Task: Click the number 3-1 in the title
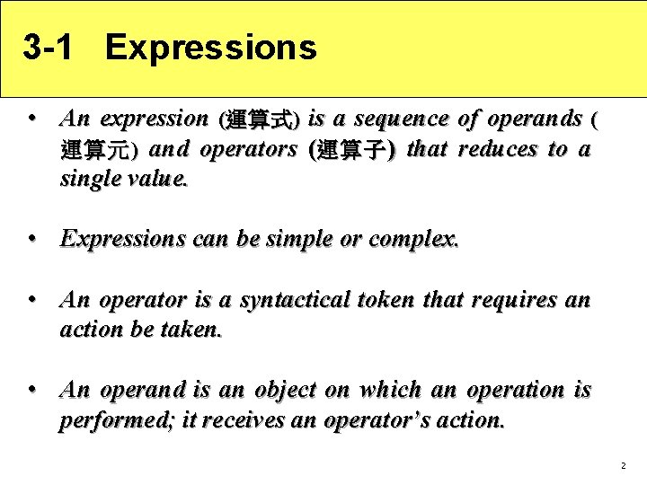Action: coord(47,48)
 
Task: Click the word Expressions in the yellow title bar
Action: coord(210,48)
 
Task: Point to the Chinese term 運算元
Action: coord(97,150)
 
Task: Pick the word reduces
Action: coord(498,148)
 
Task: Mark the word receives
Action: coord(236,420)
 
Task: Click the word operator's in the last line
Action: coord(378,420)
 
